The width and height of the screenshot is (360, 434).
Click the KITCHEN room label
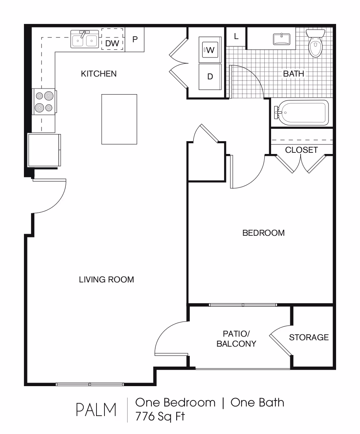[x=98, y=74]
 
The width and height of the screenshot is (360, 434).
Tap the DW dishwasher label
[x=112, y=43]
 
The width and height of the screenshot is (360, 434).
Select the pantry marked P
[x=135, y=39]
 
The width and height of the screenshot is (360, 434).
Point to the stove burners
[x=44, y=102]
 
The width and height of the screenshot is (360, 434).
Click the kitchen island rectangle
[x=119, y=119]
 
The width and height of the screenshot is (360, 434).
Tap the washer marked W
[x=210, y=50]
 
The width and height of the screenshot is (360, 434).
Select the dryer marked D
[x=210, y=77]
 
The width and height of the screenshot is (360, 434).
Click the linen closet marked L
[x=236, y=36]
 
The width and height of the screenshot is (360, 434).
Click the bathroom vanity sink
[x=282, y=39]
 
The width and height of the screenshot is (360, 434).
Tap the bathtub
[x=301, y=112]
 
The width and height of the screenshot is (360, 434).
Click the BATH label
[x=293, y=74]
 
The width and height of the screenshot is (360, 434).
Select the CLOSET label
[x=301, y=150]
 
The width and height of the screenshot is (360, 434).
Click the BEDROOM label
[x=264, y=233]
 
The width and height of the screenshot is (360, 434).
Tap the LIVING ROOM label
[x=106, y=280]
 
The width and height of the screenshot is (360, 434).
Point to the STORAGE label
[x=309, y=337]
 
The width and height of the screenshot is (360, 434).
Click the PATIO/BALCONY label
[x=236, y=339]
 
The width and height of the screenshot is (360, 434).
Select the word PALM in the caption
[x=96, y=410]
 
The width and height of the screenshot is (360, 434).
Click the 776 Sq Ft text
[x=160, y=416]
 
